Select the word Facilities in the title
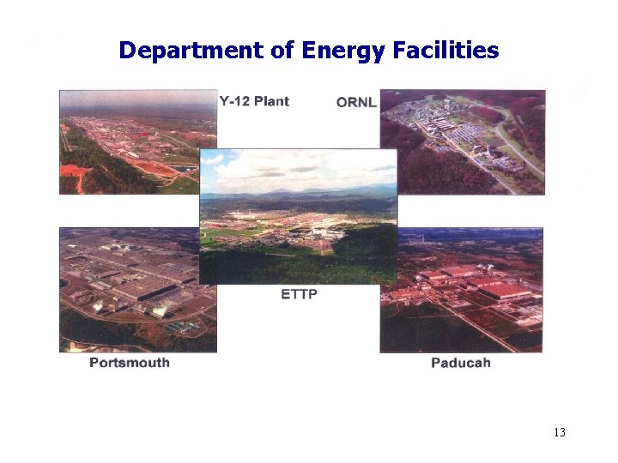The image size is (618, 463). pyautogui.click(x=445, y=51)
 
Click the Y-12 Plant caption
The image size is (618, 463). pyautogui.click(x=254, y=101)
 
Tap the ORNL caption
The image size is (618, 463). pyautogui.click(x=356, y=102)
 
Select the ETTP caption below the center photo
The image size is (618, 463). pyautogui.click(x=299, y=295)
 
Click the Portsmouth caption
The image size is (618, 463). pyautogui.click(x=130, y=363)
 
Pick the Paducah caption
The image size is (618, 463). pyautogui.click(x=461, y=363)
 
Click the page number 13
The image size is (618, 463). pyautogui.click(x=559, y=432)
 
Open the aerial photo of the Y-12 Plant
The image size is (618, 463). pyautogui.click(x=129, y=141)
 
